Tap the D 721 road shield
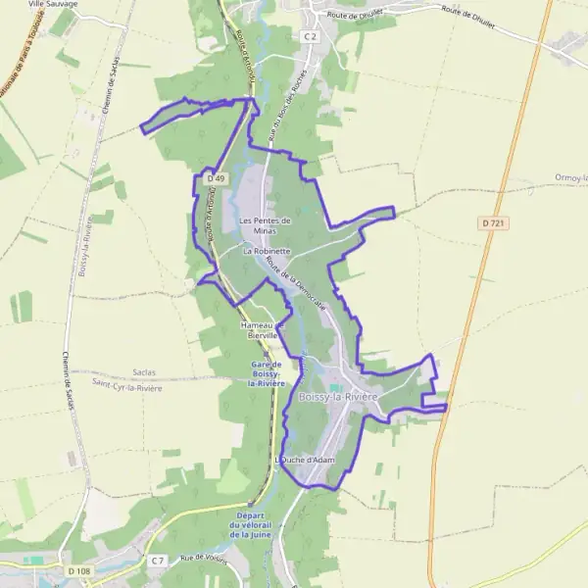[x=494, y=223]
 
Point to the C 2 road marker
[x=311, y=36]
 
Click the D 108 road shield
[x=79, y=570]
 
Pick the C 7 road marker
[x=158, y=560]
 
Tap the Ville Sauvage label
[x=53, y=4]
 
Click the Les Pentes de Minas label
[x=266, y=224]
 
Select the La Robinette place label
[x=267, y=251]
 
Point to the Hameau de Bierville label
[x=261, y=328]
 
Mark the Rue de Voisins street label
[x=203, y=557]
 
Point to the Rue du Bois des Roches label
[x=286, y=103]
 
